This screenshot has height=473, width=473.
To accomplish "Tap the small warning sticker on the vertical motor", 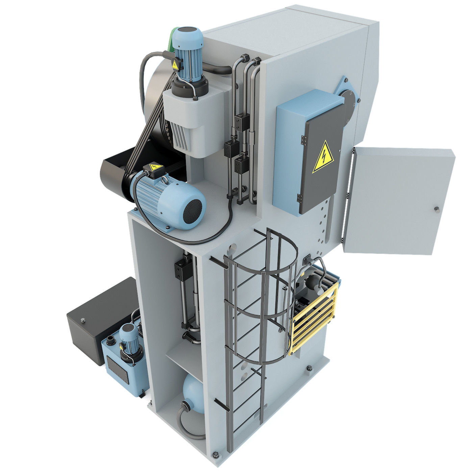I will [x=175, y=65].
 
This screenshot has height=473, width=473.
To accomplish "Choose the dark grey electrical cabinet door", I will [x=321, y=166].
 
